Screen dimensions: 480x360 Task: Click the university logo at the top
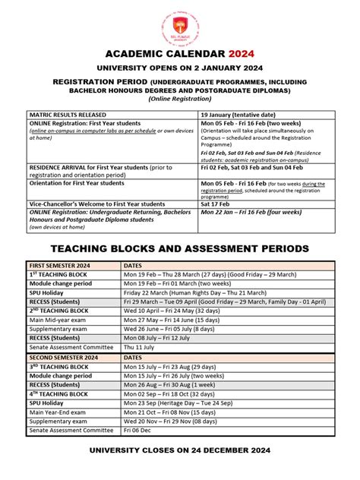pyautogui.click(x=180, y=27)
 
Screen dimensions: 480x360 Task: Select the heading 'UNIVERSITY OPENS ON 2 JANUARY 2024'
pyautogui.click(x=180, y=68)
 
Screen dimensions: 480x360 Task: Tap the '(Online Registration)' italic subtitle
pyautogui.click(x=180, y=99)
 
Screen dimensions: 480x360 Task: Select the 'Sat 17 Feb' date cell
pyautogui.click(x=215, y=204)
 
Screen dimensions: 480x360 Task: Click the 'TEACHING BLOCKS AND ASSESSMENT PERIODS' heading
pyautogui.click(x=180, y=248)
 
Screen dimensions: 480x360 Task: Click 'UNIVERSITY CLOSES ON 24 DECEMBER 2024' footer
pyautogui.click(x=180, y=450)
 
